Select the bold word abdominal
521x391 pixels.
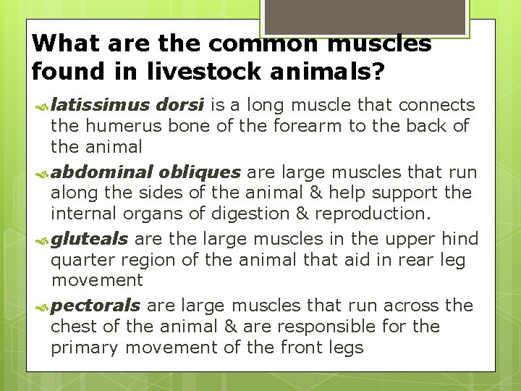coord(101,172)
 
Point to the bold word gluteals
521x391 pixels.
coord(90,239)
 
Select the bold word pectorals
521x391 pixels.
coord(96,306)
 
